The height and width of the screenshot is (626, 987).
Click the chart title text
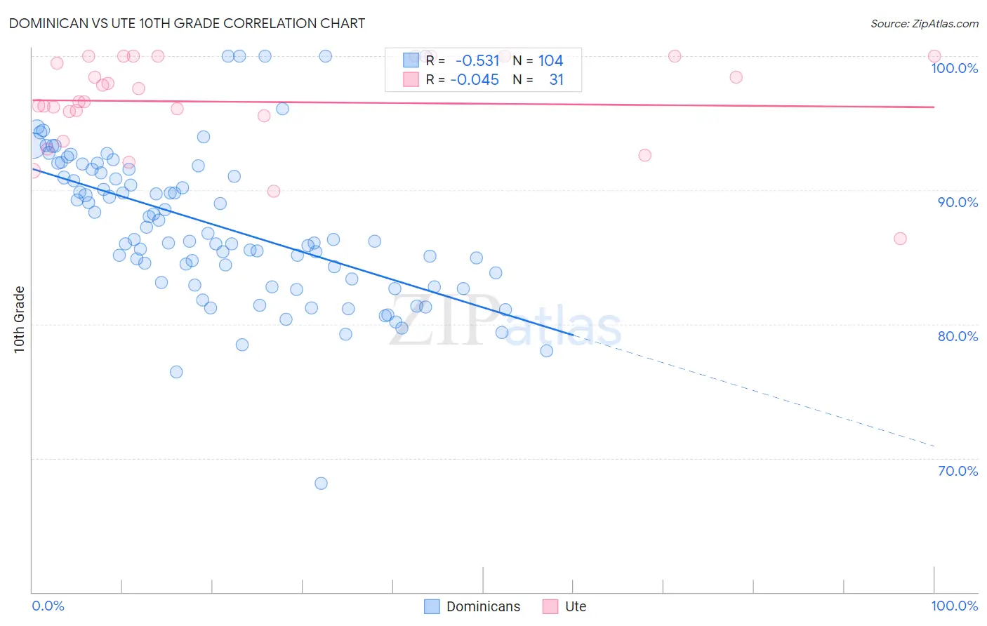[x=187, y=23]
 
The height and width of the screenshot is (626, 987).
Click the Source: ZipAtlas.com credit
[x=924, y=24]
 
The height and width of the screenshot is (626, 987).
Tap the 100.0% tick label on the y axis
[x=954, y=68]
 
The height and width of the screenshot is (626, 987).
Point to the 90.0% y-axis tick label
[x=958, y=202]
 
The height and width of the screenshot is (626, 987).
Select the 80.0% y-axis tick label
[x=958, y=336]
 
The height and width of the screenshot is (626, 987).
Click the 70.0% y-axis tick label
[x=958, y=471]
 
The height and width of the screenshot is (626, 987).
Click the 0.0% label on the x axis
[x=48, y=606]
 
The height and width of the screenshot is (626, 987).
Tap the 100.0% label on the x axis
[x=954, y=606]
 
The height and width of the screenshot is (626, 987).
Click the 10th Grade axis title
[x=20, y=319]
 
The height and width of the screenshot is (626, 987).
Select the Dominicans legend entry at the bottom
[x=472, y=606]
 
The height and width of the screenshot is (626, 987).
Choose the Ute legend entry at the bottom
[x=565, y=606]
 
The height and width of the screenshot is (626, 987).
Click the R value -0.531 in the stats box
[x=477, y=61]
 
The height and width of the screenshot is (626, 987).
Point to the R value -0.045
[x=475, y=80]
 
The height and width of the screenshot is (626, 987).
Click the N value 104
[x=550, y=61]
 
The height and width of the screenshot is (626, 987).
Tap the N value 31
[x=556, y=80]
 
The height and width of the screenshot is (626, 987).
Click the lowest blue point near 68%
[x=321, y=483]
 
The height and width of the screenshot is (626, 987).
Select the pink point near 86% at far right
[x=900, y=239]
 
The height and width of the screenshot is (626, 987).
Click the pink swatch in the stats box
[x=411, y=80]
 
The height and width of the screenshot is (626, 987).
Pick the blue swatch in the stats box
[x=411, y=60]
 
